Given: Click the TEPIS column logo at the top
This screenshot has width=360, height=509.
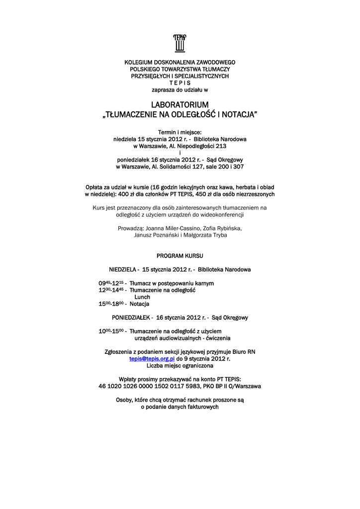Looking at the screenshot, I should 180,43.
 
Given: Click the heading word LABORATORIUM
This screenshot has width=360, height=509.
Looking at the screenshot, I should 180,105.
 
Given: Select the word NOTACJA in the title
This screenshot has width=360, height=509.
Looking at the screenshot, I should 240,115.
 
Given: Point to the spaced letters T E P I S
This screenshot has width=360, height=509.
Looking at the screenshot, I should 180,83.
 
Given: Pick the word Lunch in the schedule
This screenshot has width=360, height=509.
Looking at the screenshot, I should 142,297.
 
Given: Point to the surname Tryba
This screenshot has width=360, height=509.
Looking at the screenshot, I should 217,235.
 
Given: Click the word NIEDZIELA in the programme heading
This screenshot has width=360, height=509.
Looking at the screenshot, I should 123,269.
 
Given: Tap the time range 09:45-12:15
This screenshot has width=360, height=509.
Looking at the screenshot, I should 111,283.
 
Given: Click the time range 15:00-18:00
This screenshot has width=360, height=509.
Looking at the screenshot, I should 112,304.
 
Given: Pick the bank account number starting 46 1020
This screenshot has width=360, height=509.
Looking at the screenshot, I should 149,386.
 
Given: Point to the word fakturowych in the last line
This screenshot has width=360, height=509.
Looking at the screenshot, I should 199,407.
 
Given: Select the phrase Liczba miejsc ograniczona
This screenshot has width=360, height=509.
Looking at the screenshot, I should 180,365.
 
